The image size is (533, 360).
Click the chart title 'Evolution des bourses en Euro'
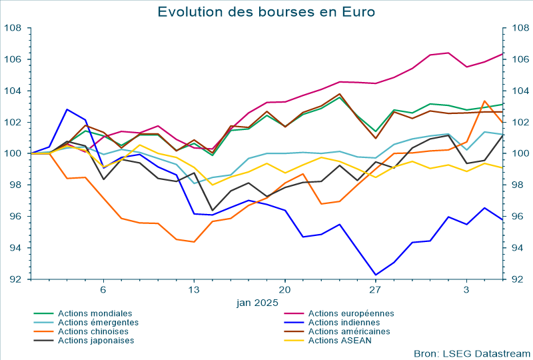(x=266, y=12)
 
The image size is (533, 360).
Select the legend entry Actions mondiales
(x=95, y=313)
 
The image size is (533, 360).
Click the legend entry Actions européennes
(x=351, y=313)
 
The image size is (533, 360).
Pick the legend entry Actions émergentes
(x=98, y=323)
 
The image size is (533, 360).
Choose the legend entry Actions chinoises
(x=94, y=331)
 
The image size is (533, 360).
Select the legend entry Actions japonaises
(x=96, y=341)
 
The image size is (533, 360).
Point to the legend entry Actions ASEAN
(x=340, y=341)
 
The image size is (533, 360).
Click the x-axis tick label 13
(x=194, y=290)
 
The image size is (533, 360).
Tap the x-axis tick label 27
(x=375, y=290)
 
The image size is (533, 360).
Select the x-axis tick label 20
(x=284, y=290)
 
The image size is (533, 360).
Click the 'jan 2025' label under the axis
(x=257, y=303)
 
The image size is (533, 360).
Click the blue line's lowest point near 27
(x=375, y=275)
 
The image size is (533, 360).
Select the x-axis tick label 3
(x=466, y=290)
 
